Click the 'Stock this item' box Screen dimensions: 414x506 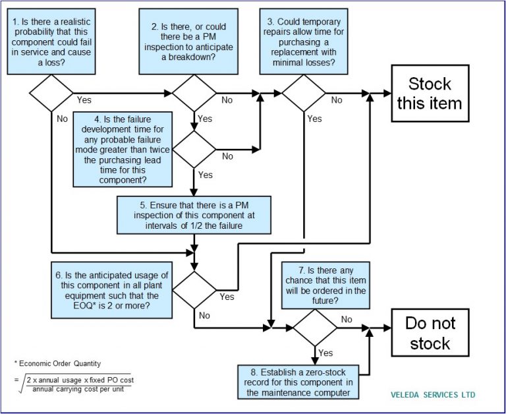pos(430,94)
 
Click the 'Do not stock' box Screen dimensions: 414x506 pos(430,333)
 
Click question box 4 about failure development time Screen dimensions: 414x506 pos(123,149)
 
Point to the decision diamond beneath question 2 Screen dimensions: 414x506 pos(194,93)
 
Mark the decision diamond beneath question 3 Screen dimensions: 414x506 pos(303,93)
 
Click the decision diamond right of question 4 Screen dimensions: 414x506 pos(194,148)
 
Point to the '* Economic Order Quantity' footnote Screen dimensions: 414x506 pos(56,364)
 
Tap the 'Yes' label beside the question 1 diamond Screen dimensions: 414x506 pos(84,100)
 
